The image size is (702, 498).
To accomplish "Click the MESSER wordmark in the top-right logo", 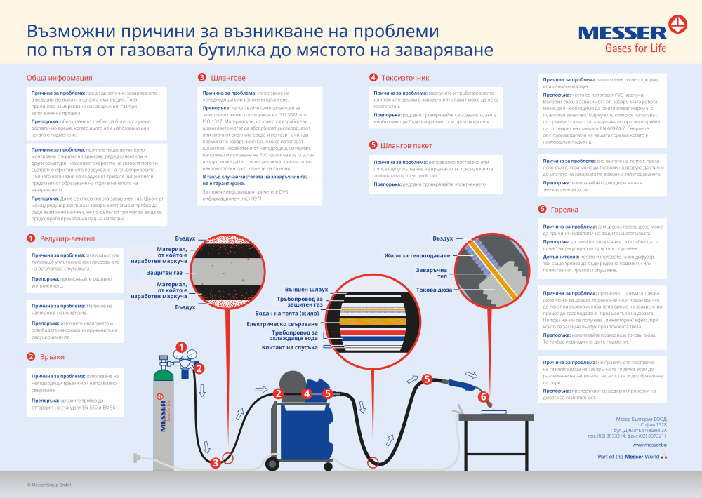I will pos(622,32).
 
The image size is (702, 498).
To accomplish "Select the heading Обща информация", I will pos(60,78).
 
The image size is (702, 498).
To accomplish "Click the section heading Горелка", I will pos(564,209).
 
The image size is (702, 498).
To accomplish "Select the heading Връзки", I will pos(52,356).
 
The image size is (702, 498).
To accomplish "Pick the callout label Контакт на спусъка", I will pos(290,347).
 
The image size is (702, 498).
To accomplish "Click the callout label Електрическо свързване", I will pos(284,324).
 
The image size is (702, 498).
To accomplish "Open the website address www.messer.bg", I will pos(649,444).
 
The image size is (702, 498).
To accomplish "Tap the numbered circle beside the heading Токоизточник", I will pos(373,78).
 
